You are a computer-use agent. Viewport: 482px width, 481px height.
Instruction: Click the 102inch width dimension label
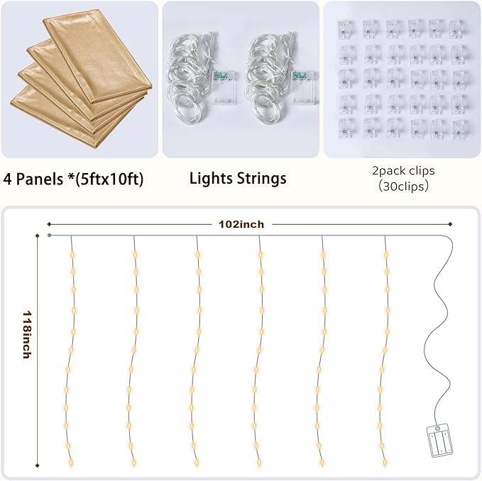click(241, 224)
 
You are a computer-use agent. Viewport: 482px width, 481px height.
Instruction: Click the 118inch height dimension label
click(28, 334)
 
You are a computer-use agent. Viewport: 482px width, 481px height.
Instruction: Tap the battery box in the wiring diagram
click(439, 441)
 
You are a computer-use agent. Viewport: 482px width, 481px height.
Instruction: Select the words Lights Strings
click(238, 179)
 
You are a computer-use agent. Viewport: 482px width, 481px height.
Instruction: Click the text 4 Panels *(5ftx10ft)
click(73, 179)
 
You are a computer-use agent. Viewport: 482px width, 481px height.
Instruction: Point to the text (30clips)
click(403, 186)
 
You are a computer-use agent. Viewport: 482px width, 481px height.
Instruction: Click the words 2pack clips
click(403, 170)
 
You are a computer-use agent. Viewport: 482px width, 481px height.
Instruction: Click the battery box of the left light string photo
click(225, 88)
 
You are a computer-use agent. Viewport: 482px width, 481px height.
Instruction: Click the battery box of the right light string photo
click(305, 88)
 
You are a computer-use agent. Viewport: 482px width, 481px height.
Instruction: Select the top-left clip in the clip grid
click(346, 29)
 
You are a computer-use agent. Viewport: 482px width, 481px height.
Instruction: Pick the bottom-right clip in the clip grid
click(460, 129)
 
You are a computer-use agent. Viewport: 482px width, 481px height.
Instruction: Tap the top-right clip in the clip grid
click(458, 29)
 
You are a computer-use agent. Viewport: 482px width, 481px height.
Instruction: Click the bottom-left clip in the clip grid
click(346, 128)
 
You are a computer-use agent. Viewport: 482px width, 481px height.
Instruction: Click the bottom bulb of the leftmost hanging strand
click(71, 462)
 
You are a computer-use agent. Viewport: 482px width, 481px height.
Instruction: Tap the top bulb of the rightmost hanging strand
click(386, 255)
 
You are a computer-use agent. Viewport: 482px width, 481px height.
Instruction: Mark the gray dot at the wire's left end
click(50, 236)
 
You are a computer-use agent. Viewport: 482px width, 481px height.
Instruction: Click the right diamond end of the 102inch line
click(450, 224)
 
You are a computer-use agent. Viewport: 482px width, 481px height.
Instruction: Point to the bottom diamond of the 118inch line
click(38, 465)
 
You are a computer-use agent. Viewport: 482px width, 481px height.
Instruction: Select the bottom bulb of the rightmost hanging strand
click(385, 462)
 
